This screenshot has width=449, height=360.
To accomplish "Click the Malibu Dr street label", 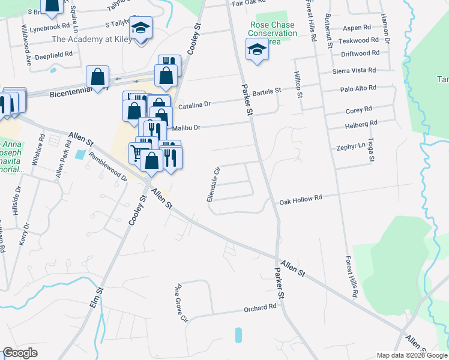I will [185, 128].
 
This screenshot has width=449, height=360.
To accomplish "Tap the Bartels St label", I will [267, 91].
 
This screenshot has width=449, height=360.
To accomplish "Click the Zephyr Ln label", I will [351, 146].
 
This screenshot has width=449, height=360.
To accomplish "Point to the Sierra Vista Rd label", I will [354, 71].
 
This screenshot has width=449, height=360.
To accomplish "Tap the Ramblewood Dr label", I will [108, 166].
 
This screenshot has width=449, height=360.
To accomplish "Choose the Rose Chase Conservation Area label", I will [274, 34].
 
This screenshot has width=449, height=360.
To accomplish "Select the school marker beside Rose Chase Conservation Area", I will [256, 49].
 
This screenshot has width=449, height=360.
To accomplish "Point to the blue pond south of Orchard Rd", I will [239, 335].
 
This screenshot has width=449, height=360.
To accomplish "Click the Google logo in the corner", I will [20, 353].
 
